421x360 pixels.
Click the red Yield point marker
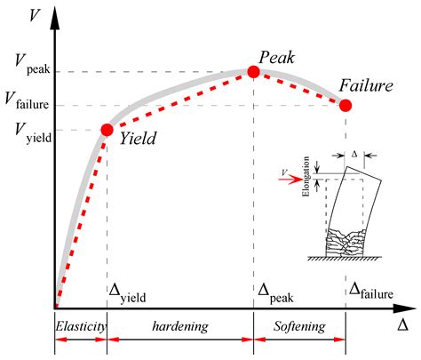[107, 130]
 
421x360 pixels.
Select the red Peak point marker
[253, 72]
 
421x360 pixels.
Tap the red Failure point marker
[346, 105]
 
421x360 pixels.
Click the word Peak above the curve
[277, 57]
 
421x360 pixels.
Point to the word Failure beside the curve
[366, 85]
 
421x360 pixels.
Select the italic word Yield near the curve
[138, 138]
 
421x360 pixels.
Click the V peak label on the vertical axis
[33, 66]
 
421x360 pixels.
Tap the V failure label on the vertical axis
[27, 100]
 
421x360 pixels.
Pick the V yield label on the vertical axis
[33, 132]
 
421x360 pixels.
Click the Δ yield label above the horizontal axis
[128, 293]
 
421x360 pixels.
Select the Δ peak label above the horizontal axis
[275, 293]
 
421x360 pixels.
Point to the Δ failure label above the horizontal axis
[371, 291]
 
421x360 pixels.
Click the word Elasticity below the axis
[81, 326]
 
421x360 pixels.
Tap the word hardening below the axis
[180, 326]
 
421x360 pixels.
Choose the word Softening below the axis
[299, 326]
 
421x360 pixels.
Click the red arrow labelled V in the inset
[290, 180]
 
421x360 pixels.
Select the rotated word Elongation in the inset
[306, 176]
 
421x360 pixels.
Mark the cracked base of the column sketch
[345, 243]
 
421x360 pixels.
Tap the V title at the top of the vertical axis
[34, 15]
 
